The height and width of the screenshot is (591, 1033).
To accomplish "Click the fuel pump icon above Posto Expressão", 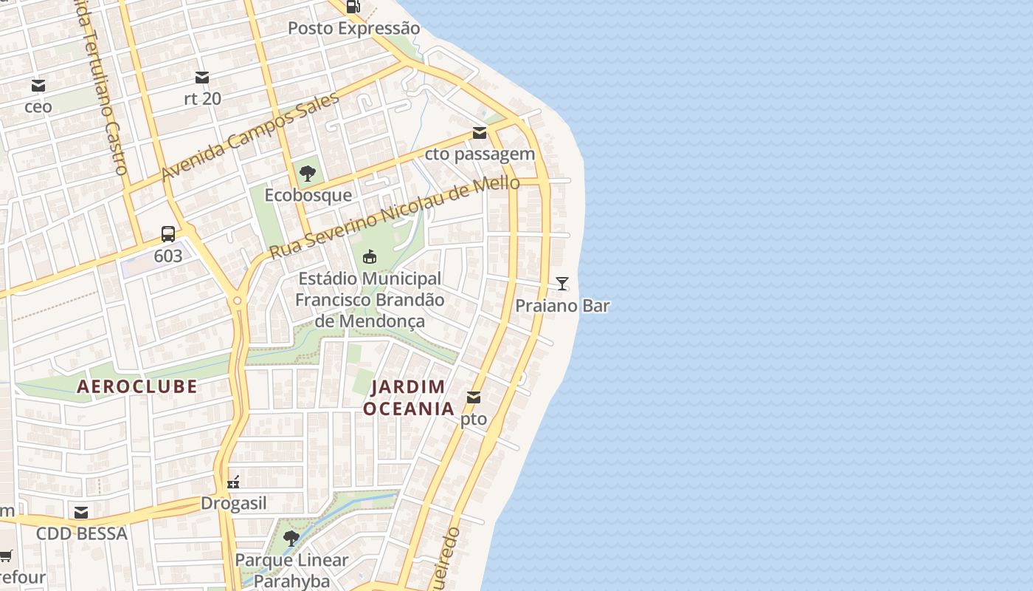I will point(353,7).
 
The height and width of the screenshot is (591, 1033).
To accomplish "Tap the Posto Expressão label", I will point(353,28).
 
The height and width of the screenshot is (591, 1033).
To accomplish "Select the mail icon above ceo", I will point(38,86).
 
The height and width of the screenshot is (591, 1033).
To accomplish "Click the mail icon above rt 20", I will point(202,78).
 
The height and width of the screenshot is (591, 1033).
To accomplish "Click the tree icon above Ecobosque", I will point(308,174).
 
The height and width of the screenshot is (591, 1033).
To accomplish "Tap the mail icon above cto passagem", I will point(480,133).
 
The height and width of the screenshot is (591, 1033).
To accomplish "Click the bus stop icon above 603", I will point(168,235).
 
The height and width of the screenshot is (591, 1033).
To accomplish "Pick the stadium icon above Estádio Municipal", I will point(370,257).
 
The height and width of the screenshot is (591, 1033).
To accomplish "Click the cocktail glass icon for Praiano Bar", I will point(562,284).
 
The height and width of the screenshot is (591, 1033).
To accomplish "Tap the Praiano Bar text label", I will point(562,306).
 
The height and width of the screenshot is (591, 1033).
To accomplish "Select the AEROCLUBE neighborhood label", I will point(137,386).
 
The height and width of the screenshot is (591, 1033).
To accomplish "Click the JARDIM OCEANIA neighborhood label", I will point(408,397).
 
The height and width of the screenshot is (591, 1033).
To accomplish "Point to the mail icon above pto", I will point(474,398).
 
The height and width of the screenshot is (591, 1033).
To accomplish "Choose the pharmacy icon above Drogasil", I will point(233,482).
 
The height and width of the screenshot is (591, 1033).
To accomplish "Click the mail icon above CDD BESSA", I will point(81,513).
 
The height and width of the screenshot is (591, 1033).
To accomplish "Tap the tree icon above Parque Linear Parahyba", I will point(291,538).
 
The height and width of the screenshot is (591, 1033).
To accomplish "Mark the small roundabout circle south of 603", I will point(237,301).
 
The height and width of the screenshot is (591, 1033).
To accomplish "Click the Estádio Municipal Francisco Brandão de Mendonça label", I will point(370,300).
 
